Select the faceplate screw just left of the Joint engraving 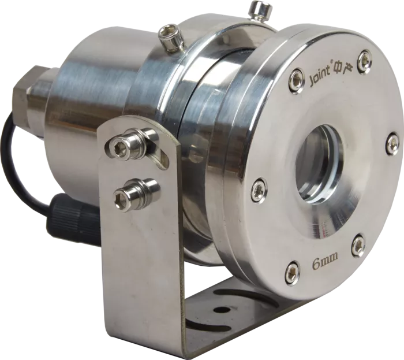(295, 77)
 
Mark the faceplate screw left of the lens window (259, 190)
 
